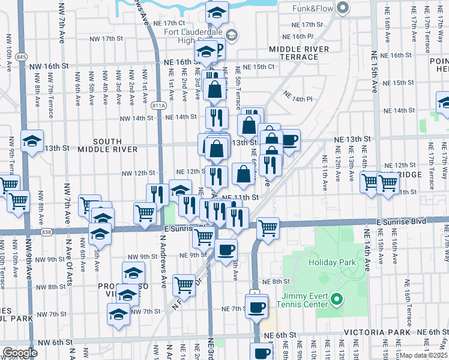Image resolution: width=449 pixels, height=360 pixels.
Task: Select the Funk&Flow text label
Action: coord(313,8)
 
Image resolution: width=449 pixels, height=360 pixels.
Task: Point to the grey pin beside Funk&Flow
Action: coord(343,8)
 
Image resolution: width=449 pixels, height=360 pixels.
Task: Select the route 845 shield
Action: coord(22,56)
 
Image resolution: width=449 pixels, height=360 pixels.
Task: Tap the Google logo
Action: coord(19,352)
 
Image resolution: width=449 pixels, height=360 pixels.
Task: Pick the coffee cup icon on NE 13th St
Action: coord(289,140)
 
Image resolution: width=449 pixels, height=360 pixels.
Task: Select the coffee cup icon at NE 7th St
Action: coord(257,307)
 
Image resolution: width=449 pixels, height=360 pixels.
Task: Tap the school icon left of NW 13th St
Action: coord(32,141)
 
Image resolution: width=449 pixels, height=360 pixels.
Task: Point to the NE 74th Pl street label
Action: coord(298,98)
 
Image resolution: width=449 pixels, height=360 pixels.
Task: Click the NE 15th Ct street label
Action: coord(259,67)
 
